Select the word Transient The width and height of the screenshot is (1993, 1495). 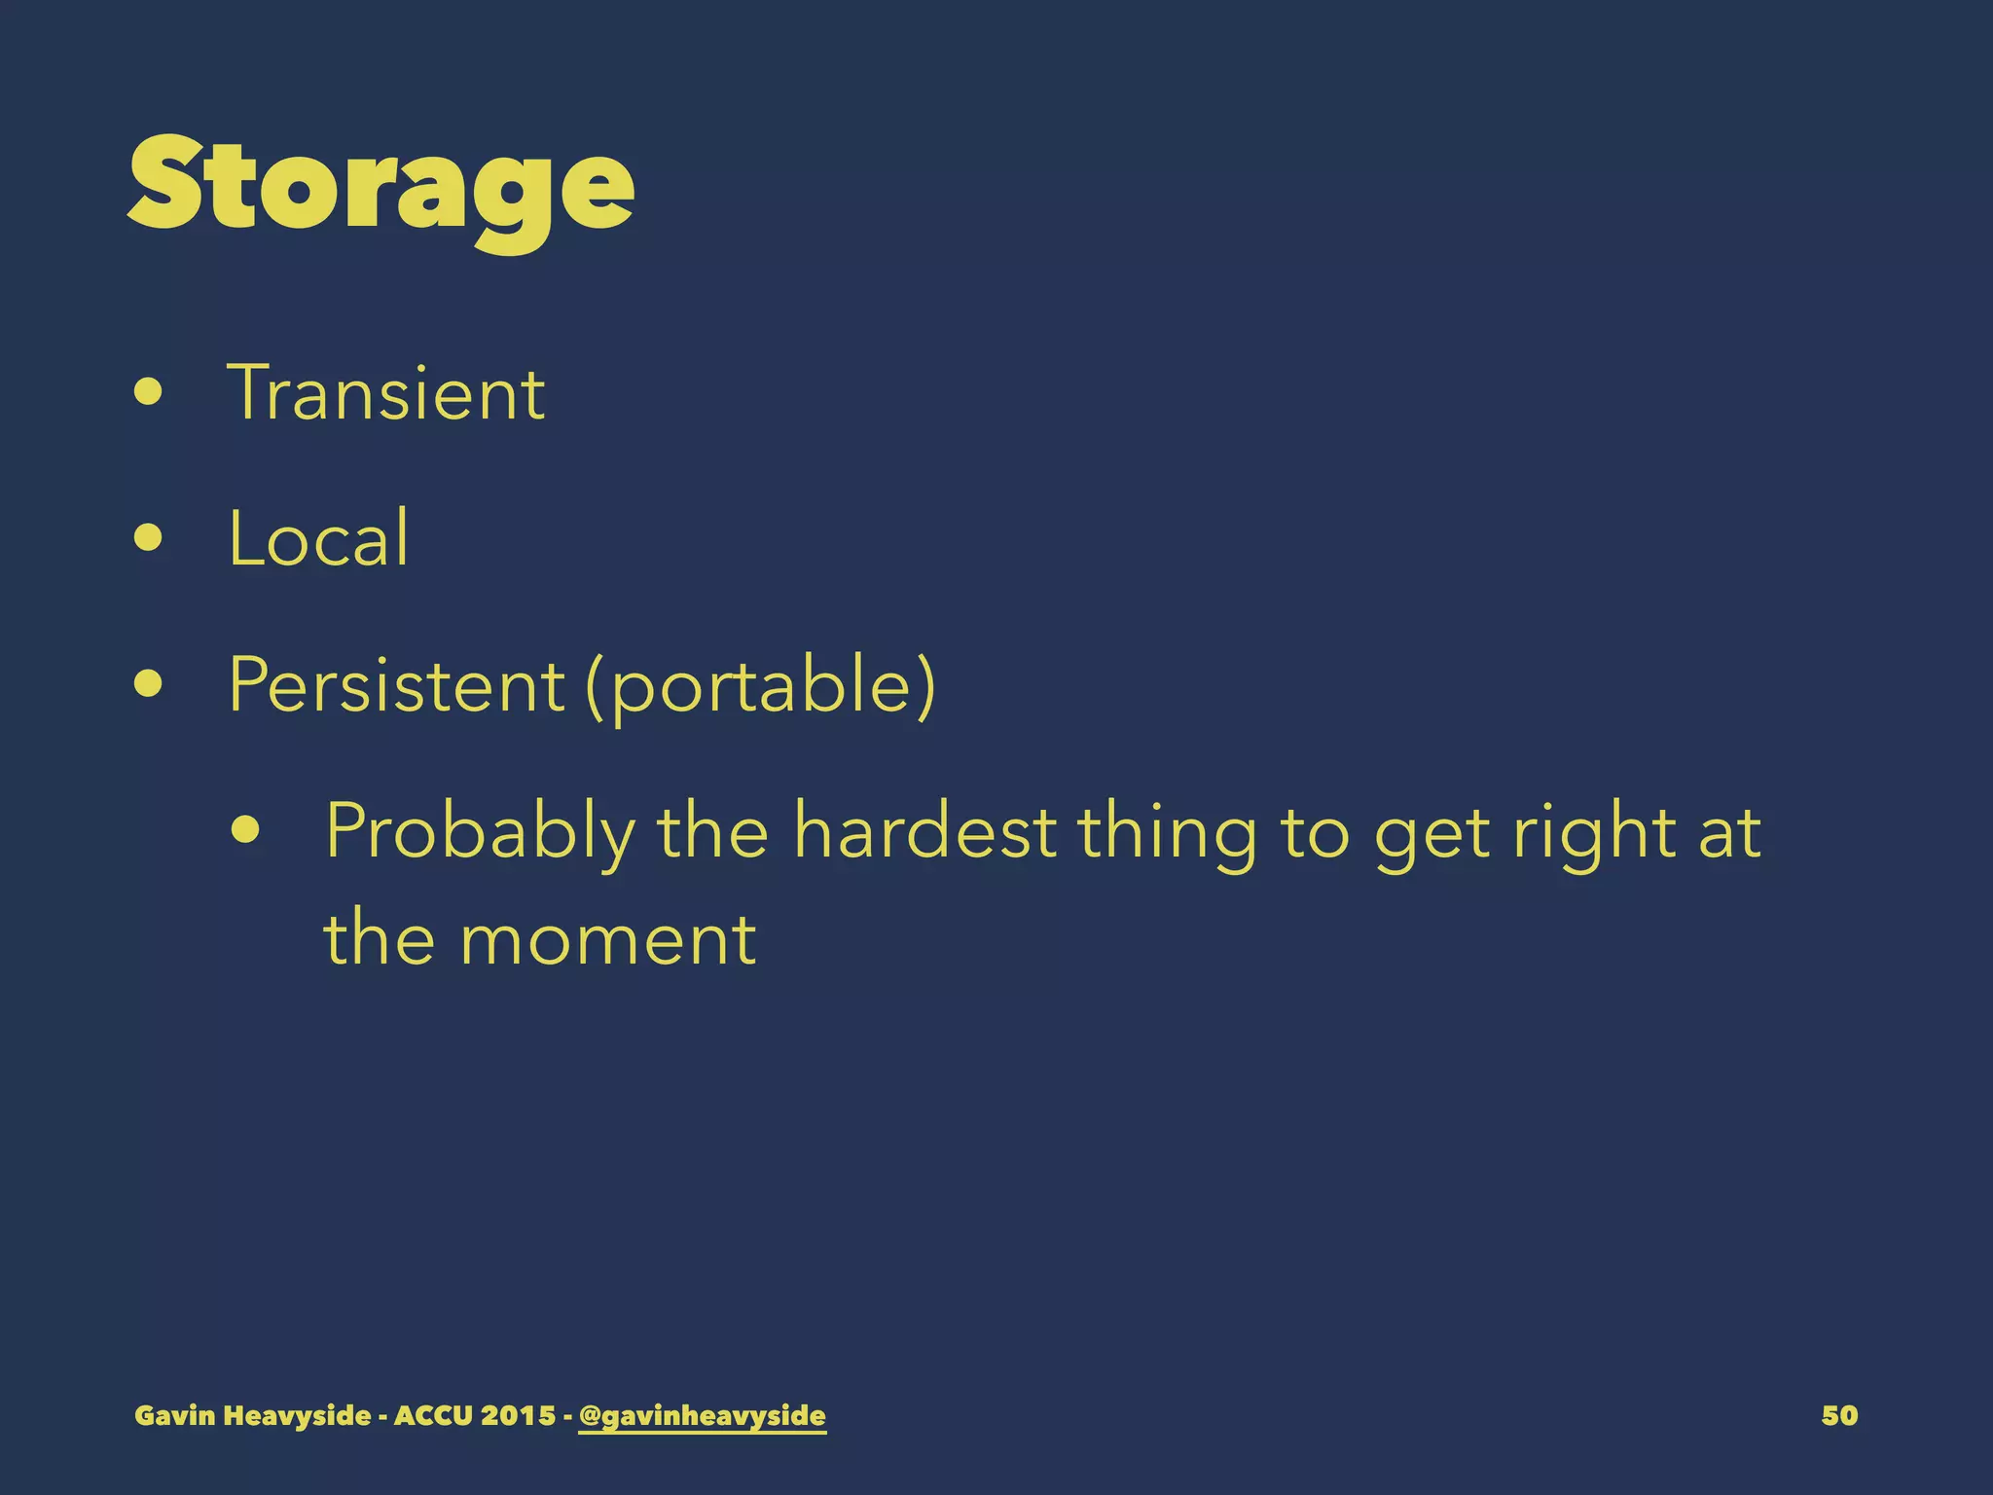[386, 393]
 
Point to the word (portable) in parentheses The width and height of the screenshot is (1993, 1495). [761, 686]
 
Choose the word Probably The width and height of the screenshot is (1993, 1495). [480, 832]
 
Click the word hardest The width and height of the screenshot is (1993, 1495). [924, 832]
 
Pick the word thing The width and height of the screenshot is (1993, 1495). [1167, 832]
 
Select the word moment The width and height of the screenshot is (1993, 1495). [608, 939]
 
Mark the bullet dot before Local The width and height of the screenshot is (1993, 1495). [149, 537]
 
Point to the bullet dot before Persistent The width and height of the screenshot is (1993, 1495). [149, 683]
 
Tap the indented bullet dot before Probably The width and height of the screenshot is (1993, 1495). [246, 830]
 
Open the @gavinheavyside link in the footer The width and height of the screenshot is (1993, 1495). [702, 1415]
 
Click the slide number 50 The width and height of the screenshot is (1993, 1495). [1839, 1415]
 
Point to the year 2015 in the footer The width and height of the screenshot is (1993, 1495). [518, 1415]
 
